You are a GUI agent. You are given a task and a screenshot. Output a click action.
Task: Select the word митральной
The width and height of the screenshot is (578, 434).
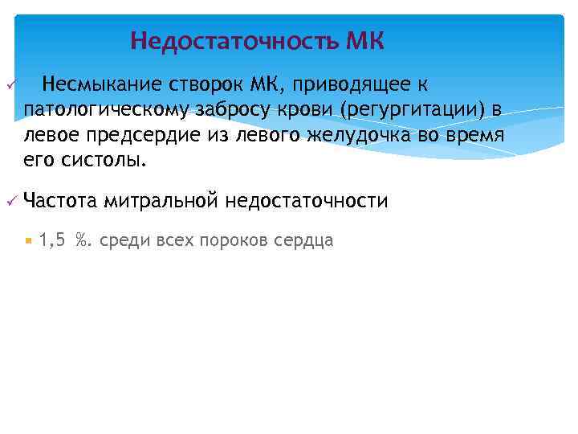160,200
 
